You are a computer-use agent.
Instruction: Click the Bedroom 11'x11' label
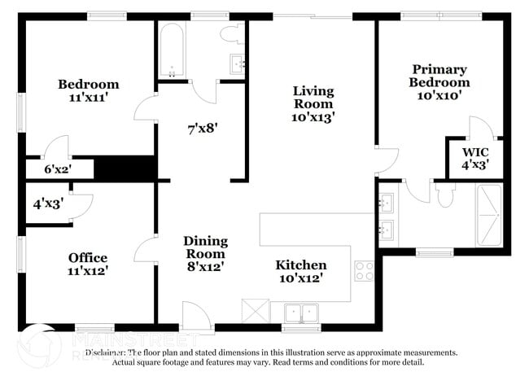point(88,90)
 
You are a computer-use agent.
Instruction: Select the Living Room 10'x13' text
point(313,103)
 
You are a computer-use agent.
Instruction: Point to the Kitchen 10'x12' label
point(300,272)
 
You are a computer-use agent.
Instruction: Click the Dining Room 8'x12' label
point(204,253)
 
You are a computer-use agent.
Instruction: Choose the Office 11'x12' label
point(88,265)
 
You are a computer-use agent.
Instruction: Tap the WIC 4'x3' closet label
point(474,158)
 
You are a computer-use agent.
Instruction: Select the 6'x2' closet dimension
point(58,170)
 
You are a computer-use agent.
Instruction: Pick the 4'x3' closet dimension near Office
point(47,204)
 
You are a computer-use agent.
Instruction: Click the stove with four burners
point(363,270)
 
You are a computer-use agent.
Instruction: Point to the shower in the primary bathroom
point(489,215)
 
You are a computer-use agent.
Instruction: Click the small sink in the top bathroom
point(238,63)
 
